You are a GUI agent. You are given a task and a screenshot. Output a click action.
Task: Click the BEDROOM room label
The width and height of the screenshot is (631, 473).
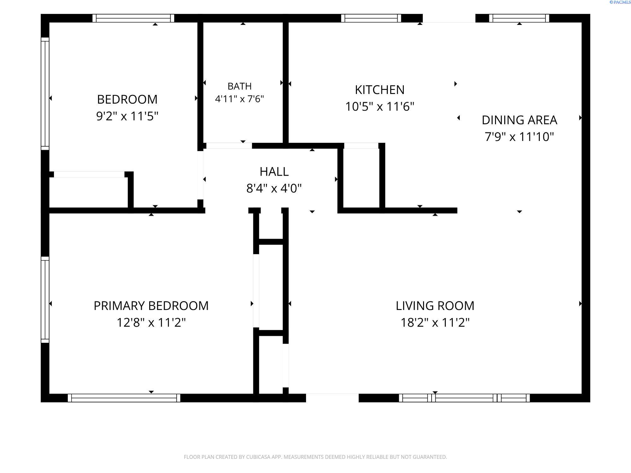[127, 99]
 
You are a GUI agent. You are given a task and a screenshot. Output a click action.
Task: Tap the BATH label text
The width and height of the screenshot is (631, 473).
[239, 86]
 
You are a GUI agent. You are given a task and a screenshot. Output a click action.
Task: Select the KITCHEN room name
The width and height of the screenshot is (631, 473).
[380, 90]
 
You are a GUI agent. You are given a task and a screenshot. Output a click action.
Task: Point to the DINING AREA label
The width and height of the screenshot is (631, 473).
[519, 120]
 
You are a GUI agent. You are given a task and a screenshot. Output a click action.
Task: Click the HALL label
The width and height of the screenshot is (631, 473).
[274, 172]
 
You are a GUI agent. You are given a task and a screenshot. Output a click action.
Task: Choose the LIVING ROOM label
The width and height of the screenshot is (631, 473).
[435, 306]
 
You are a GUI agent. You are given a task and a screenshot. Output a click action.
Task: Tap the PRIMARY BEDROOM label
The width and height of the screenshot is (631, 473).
[151, 306]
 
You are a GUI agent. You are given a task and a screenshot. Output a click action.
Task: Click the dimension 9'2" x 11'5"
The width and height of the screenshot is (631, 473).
[127, 116]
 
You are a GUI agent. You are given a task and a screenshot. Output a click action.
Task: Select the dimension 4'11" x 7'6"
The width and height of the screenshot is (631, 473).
[239, 99]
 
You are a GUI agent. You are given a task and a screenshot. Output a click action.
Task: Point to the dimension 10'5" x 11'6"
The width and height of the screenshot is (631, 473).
[380, 107]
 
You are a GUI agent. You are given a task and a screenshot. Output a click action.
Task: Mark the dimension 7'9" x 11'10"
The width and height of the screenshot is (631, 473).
[519, 137]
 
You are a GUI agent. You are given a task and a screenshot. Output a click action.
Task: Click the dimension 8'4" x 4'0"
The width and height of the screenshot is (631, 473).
[274, 188]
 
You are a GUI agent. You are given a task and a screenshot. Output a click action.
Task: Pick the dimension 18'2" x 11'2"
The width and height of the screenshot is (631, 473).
[435, 323]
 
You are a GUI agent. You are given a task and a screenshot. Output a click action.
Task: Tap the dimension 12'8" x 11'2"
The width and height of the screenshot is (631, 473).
[151, 323]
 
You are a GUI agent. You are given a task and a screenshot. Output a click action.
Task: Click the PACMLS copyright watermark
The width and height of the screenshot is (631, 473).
[620, 2]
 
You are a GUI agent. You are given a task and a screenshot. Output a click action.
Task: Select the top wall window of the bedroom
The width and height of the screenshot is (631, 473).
[133, 18]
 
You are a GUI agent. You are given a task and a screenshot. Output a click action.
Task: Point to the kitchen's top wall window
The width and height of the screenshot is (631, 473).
[371, 18]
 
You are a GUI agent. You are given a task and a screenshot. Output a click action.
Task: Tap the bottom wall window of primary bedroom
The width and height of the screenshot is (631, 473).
[124, 398]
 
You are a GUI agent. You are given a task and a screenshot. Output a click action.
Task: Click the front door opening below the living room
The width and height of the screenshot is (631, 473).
[332, 398]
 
